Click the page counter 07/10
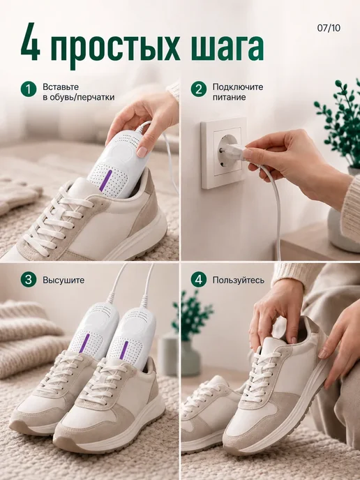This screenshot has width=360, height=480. coord(329,28)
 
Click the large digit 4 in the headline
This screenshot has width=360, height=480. coord(30,42)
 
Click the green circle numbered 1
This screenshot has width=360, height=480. coord(29,89)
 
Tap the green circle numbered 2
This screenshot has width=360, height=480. coord(199,89)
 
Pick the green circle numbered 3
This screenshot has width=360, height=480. coord(29,280)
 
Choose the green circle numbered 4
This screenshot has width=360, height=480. coord(199,280)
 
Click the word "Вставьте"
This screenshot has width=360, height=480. coord(61,87)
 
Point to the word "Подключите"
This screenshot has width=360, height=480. coord(238,87)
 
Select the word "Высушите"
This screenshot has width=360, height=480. coord(63,280)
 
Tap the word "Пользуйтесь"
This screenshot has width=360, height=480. coord(239,280)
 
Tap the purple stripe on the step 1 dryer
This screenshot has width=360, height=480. coord(105,181)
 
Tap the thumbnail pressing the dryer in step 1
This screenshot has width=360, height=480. coord(142,152)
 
